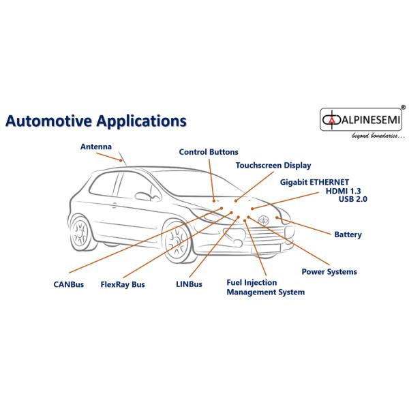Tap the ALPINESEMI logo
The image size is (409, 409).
tap(361, 121)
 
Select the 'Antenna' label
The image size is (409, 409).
tap(95, 146)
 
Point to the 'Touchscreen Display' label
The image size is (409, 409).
tap(273, 165)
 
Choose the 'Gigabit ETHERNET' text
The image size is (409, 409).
tap(315, 181)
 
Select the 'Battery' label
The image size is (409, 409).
tap(348, 234)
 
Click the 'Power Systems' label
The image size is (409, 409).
tap(329, 271)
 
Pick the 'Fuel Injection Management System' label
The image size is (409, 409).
tap(265, 287)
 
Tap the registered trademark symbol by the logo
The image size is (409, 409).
tap(404, 108)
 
